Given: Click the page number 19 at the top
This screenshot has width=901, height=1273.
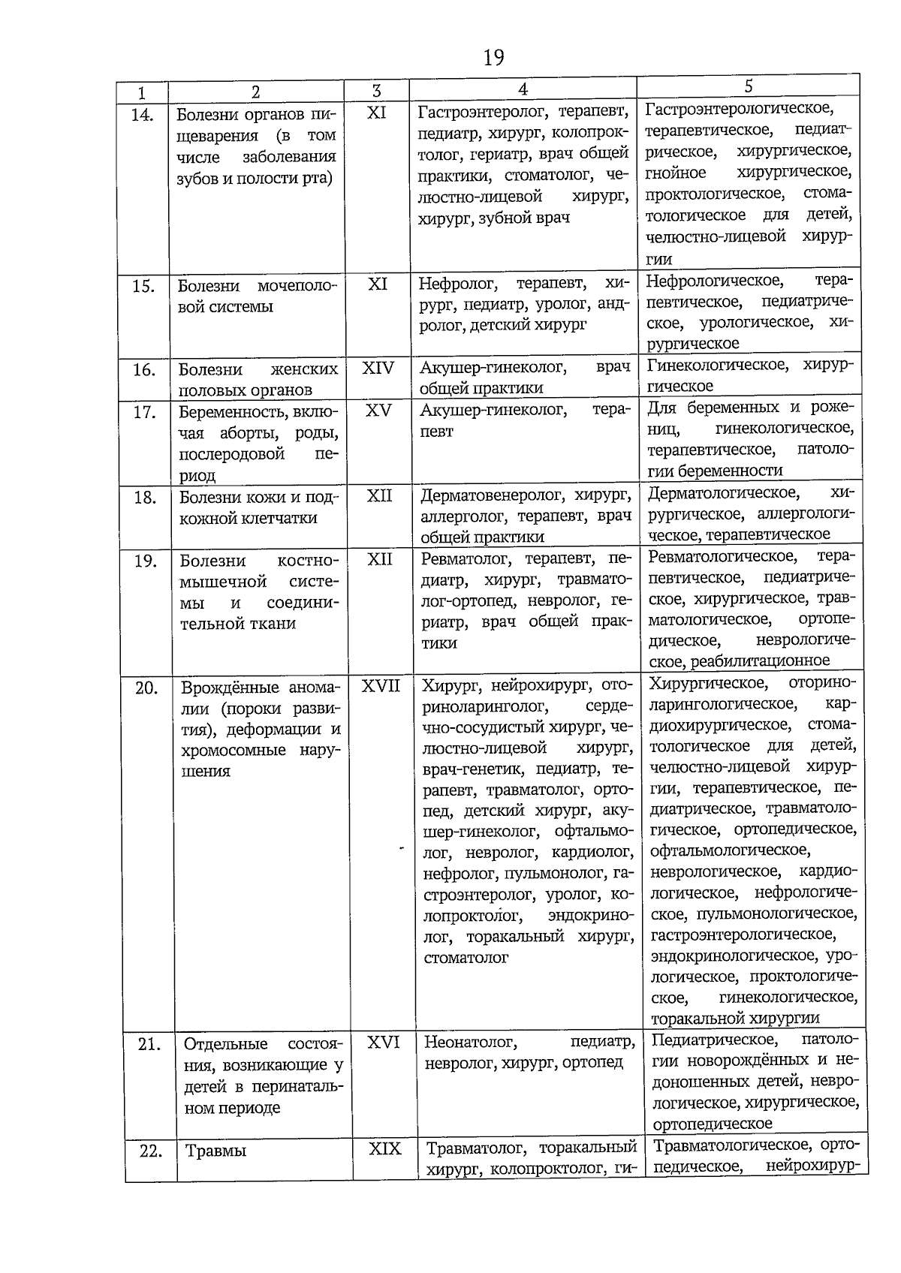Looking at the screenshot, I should tap(494, 57).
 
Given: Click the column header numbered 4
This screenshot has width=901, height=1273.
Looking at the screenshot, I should tap(523, 89).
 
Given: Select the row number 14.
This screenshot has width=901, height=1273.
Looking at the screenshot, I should tap(142, 115).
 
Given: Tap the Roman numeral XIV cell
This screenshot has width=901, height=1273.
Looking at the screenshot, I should tap(378, 369).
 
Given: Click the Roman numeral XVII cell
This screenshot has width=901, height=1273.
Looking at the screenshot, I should tap(381, 686).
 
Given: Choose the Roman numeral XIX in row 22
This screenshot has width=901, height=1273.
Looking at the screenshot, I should tap(385, 1149).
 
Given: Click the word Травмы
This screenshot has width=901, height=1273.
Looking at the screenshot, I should tap(215, 1151).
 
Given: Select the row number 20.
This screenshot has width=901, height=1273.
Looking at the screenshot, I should tap(146, 688).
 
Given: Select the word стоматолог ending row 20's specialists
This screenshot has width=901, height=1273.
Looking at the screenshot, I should tap(466, 958).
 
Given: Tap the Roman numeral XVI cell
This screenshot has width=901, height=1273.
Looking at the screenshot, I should tap(384, 1042).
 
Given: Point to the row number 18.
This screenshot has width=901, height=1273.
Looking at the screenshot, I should tap(144, 498).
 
